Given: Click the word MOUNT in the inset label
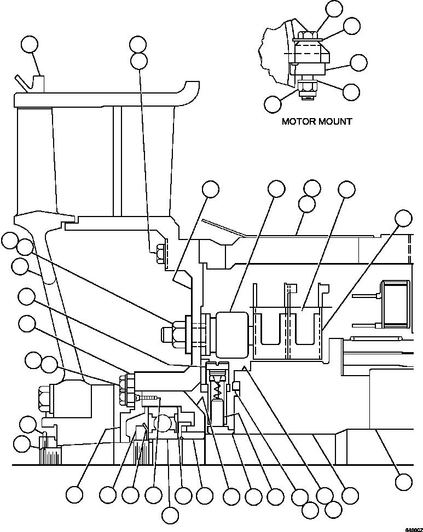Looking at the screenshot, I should (334, 121).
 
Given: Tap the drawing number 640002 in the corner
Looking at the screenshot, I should (413, 529).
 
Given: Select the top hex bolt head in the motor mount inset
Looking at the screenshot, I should (306, 36).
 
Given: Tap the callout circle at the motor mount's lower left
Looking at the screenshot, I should (273, 103).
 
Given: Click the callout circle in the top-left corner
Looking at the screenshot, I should (30, 45).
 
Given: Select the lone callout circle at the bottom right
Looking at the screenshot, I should (403, 481).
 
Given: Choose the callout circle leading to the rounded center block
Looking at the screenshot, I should (276, 189).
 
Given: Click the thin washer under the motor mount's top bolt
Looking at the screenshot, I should (307, 42).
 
